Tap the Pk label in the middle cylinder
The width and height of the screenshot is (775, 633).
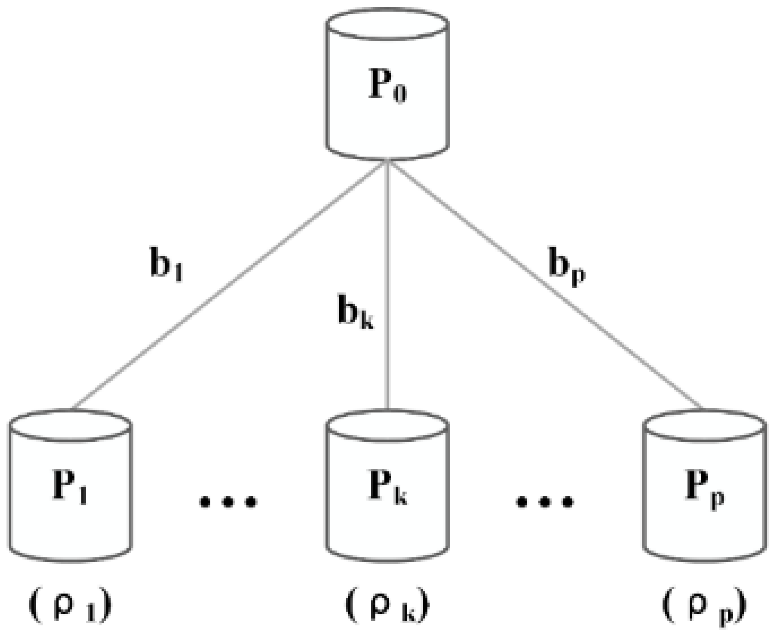tap(387, 486)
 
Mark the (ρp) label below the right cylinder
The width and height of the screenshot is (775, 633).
tap(704, 606)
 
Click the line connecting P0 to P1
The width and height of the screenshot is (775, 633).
tap(230, 284)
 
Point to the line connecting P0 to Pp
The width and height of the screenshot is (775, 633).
tap(545, 284)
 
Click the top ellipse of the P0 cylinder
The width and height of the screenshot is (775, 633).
tap(387, 24)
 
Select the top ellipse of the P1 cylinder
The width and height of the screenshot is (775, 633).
tap(70, 425)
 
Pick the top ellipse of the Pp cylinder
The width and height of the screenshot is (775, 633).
tap(704, 425)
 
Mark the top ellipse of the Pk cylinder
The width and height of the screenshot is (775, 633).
tap(387, 425)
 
